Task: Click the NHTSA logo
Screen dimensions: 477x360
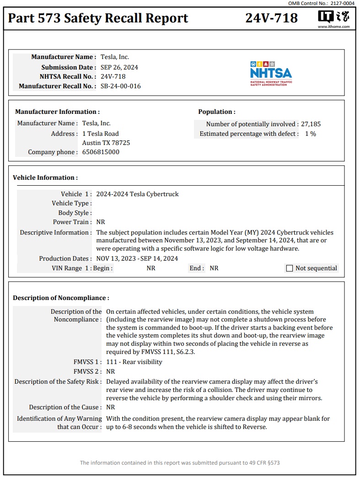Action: [271, 73]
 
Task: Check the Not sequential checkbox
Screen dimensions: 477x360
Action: [289, 268]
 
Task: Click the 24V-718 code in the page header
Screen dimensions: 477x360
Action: [271, 18]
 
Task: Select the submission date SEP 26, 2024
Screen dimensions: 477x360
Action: [119, 67]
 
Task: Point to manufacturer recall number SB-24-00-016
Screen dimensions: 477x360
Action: [120, 86]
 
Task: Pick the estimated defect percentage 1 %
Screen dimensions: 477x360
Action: [311, 134]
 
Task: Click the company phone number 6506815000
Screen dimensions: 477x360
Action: [101, 152]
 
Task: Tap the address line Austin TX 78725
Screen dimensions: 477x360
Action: [106, 143]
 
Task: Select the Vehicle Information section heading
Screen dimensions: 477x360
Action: [45, 177]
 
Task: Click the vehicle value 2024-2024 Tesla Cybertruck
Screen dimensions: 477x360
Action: [137, 194]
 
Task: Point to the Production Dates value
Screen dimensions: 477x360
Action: [137, 258]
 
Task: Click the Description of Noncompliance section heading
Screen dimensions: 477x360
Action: [61, 298]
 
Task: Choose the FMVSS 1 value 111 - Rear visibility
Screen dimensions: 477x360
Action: [134, 362]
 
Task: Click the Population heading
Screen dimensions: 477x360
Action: [216, 112]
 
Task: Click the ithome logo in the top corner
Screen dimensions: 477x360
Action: [333, 18]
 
